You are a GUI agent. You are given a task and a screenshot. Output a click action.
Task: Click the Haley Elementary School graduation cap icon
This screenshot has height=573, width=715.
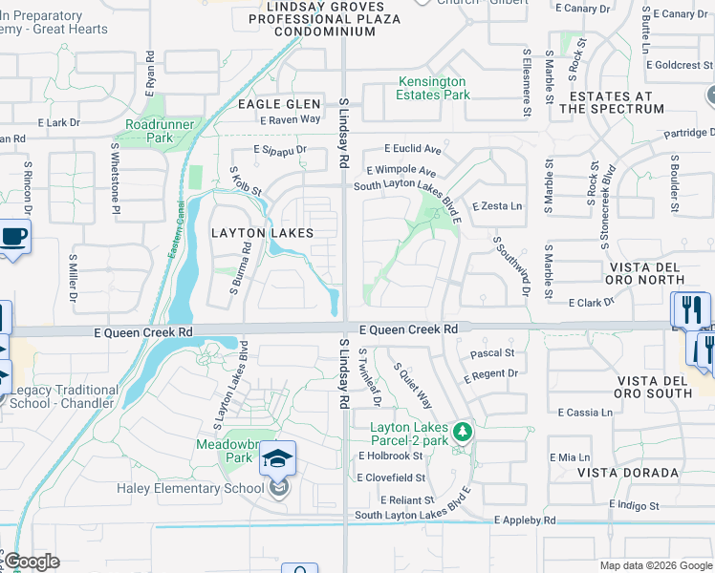click(x=277, y=458)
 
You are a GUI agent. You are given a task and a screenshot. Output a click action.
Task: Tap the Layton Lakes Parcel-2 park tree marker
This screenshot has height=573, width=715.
click(x=463, y=433)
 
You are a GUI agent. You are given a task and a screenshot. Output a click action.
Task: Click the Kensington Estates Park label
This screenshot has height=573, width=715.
click(x=433, y=89)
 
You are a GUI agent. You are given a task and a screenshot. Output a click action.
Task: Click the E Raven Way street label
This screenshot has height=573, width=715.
click(x=291, y=119)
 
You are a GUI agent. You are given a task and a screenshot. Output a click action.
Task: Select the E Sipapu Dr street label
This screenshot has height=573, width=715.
click(x=280, y=150)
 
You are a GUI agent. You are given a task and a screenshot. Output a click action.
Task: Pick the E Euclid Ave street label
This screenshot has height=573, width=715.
click(x=413, y=149)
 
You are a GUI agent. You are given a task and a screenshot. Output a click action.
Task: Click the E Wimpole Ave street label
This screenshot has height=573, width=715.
click(x=401, y=171)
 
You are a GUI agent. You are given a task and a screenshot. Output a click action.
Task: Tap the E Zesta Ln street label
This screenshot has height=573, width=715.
click(x=498, y=206)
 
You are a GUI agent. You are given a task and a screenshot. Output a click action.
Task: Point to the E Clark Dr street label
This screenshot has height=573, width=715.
click(x=591, y=303)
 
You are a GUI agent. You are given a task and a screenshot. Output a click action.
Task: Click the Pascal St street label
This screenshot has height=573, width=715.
click(x=492, y=353)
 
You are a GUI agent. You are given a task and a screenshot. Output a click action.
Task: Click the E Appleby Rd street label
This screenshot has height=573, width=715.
click(x=525, y=520)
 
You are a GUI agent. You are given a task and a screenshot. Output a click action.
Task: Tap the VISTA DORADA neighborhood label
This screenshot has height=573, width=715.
click(x=627, y=473)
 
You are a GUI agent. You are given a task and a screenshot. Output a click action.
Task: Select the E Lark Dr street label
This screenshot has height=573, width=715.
click(x=58, y=123)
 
